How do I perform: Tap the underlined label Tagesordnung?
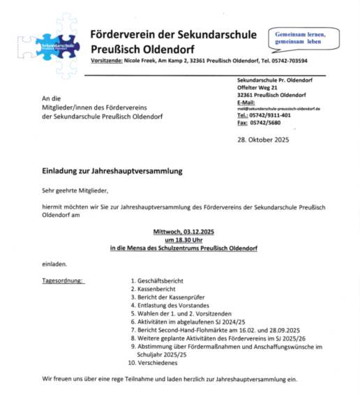coord(63,281)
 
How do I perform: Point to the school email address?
coord(278,109)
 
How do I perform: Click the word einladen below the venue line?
coord(53,264)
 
